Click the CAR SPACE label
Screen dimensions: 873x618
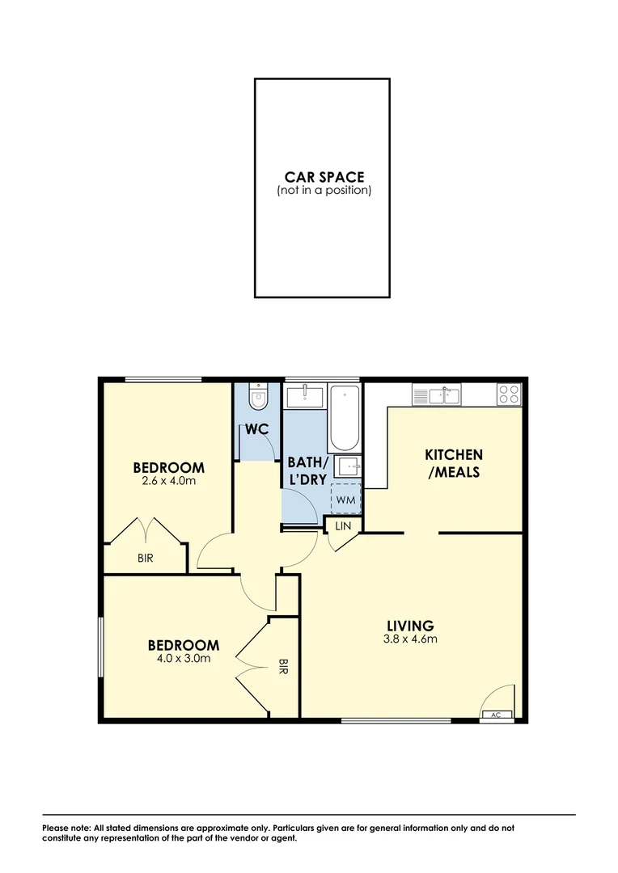pyautogui.click(x=324, y=176)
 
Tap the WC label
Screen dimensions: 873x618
pyautogui.click(x=257, y=430)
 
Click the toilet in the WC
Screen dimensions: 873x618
pyautogui.click(x=259, y=397)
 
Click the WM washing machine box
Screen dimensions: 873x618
pyautogui.click(x=346, y=500)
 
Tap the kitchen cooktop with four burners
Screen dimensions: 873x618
pyautogui.click(x=509, y=394)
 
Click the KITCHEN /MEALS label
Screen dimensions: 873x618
pyautogui.click(x=454, y=463)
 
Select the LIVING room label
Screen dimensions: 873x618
pyautogui.click(x=410, y=625)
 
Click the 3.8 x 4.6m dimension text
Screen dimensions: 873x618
pyautogui.click(x=410, y=639)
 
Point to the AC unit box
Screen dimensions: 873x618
pyautogui.click(x=496, y=715)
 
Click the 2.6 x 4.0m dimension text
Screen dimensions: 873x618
pyautogui.click(x=168, y=481)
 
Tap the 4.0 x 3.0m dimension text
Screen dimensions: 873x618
pyautogui.click(x=183, y=659)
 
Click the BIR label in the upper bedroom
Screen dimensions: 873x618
pyautogui.click(x=146, y=558)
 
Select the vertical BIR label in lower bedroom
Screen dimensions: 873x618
pyautogui.click(x=283, y=667)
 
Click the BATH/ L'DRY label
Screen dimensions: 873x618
pyautogui.click(x=307, y=470)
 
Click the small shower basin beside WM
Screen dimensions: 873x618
pyautogui.click(x=348, y=466)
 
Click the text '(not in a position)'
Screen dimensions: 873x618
pyautogui.click(x=324, y=191)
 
